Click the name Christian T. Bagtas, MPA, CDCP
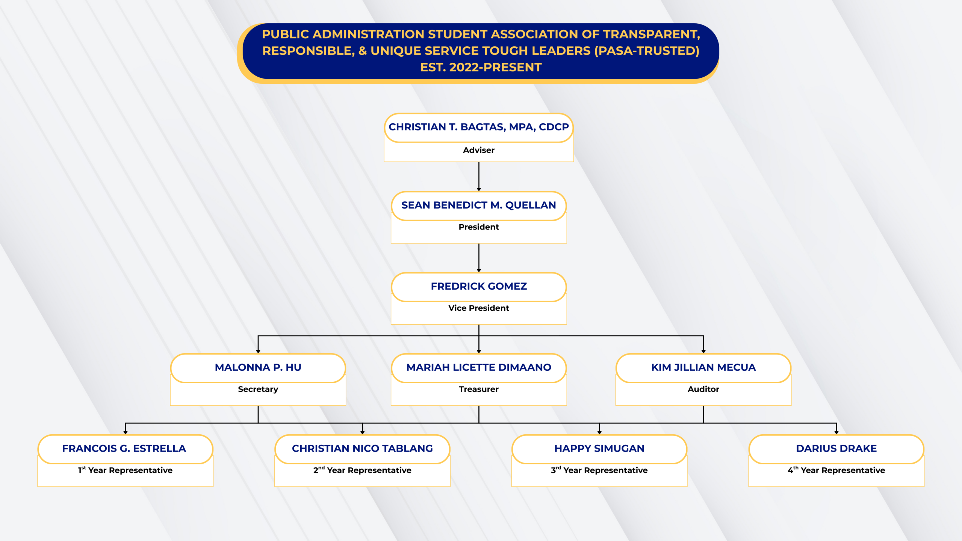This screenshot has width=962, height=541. click(x=478, y=127)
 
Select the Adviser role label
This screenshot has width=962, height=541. click(x=478, y=150)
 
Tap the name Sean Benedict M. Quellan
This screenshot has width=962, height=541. click(x=478, y=205)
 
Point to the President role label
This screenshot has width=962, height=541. click(x=478, y=227)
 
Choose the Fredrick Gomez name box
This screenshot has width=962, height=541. click(x=478, y=286)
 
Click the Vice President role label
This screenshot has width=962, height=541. click(x=478, y=308)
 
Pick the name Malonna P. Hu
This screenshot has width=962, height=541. click(x=258, y=367)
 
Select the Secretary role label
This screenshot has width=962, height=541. click(x=258, y=389)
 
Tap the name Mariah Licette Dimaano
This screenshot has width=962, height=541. click(x=478, y=367)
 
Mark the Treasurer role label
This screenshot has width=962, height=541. click(x=478, y=389)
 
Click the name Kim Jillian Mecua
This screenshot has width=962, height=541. click(x=703, y=367)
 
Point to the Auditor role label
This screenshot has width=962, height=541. click(x=703, y=389)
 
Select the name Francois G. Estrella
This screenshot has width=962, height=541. click(x=124, y=449)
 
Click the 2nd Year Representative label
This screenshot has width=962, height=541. click(x=362, y=470)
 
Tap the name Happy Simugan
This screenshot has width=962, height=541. click(x=599, y=449)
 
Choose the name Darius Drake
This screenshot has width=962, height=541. click(x=836, y=449)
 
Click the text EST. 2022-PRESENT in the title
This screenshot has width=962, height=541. click(x=481, y=67)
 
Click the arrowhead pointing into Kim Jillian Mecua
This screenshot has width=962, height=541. click(x=703, y=351)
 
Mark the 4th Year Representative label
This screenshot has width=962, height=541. click(x=836, y=470)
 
